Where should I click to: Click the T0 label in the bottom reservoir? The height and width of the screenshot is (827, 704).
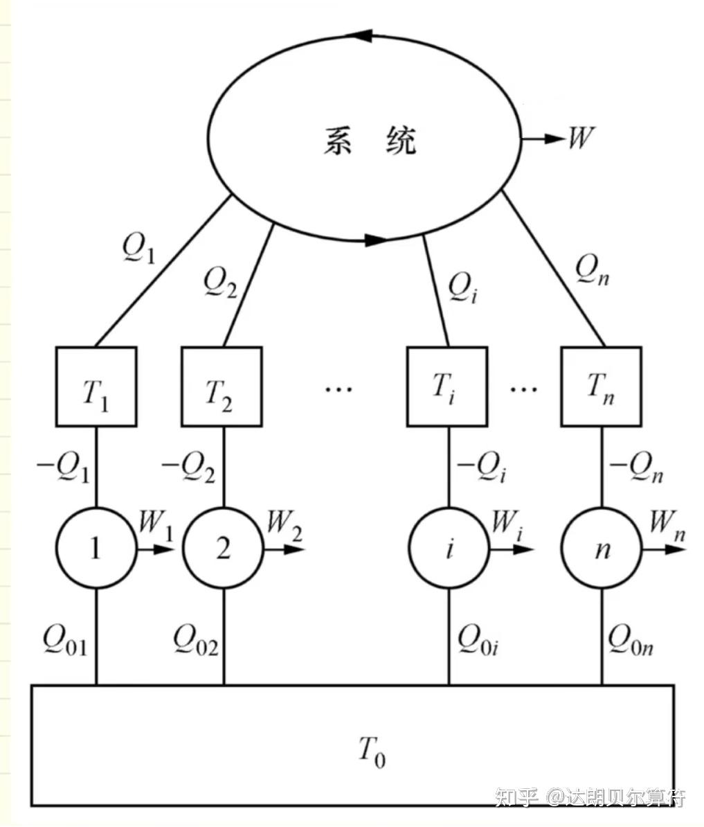pos(372,751)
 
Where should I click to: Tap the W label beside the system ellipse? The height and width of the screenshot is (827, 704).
pos(580,138)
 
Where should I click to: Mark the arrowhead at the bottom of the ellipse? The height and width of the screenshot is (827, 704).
pos(376,240)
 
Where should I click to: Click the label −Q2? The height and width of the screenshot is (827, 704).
pos(188,468)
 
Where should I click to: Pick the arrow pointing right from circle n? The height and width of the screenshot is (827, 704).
pos(663,549)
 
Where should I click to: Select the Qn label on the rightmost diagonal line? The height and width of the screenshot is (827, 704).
pos(593,270)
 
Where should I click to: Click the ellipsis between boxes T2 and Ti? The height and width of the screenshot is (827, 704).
pos(339,389)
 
